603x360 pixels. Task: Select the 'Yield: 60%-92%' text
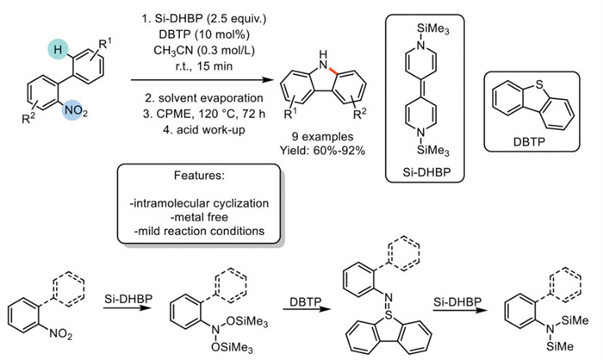324,147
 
